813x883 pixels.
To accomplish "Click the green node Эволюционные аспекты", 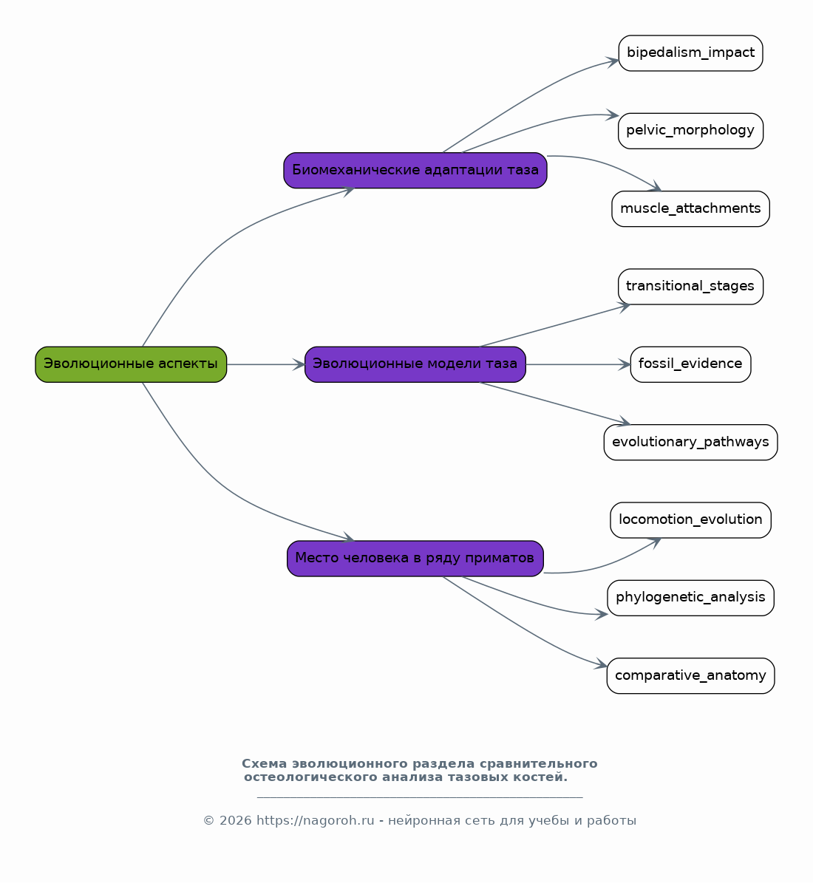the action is pos(131,364).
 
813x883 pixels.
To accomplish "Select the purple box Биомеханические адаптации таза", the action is pos(415,170).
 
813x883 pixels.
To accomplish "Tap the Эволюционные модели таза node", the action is pos(415,364).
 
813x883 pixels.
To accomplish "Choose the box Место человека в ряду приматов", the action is pos(415,559).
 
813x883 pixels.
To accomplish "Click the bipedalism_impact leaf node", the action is pos(691,53).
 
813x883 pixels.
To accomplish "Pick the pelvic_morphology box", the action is pos(691,132).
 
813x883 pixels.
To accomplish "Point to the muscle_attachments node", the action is pos(691,209).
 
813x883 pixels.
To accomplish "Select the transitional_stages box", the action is pos(691,287).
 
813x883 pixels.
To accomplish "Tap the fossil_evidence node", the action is pos(691,364).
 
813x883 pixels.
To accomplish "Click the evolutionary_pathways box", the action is pos(691,442).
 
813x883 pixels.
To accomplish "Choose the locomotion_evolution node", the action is pos(691,519).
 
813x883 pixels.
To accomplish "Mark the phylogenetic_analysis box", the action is pos(691,598).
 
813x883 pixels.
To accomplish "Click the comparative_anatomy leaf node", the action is pos(691,676).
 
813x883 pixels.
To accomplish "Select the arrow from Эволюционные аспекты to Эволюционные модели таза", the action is pos(265,364).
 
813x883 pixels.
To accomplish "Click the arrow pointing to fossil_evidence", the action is pos(578,364).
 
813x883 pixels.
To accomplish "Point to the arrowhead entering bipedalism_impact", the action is pos(613,61).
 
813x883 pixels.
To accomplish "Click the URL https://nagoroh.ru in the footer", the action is pos(316,820).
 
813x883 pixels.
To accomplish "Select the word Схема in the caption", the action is pos(265,763).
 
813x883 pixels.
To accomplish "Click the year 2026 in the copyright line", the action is pos(236,820).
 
